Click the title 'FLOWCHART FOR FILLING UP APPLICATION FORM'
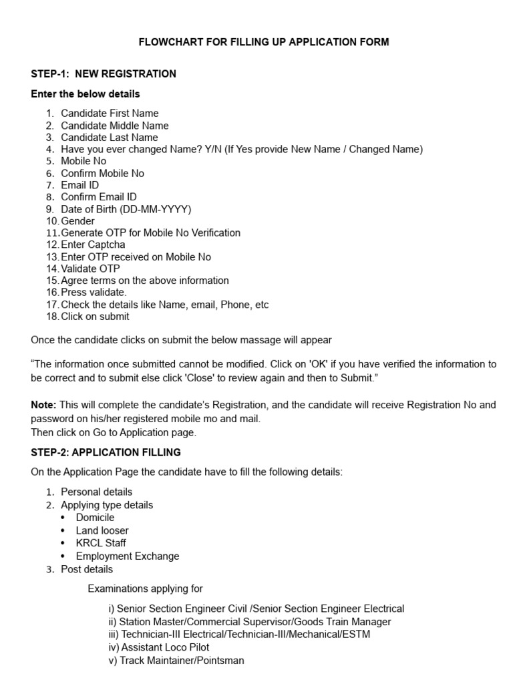coord(263,42)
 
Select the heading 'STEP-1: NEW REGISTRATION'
coord(104,74)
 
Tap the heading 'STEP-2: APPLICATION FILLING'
coord(106,452)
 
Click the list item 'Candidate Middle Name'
coord(114,126)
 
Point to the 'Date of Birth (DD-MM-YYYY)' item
coord(126,209)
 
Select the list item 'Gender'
coord(77,221)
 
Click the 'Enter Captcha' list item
coord(93,244)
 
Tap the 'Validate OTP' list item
coord(90,269)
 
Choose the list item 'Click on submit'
coord(95,317)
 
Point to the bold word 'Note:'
coord(44,405)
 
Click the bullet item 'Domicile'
coord(95,518)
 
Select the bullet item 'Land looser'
coord(102,530)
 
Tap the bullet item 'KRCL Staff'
coord(101,543)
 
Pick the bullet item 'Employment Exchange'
coord(127,556)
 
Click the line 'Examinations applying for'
coord(145,588)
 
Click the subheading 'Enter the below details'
coord(85,94)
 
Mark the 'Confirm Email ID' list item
coord(99,197)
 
